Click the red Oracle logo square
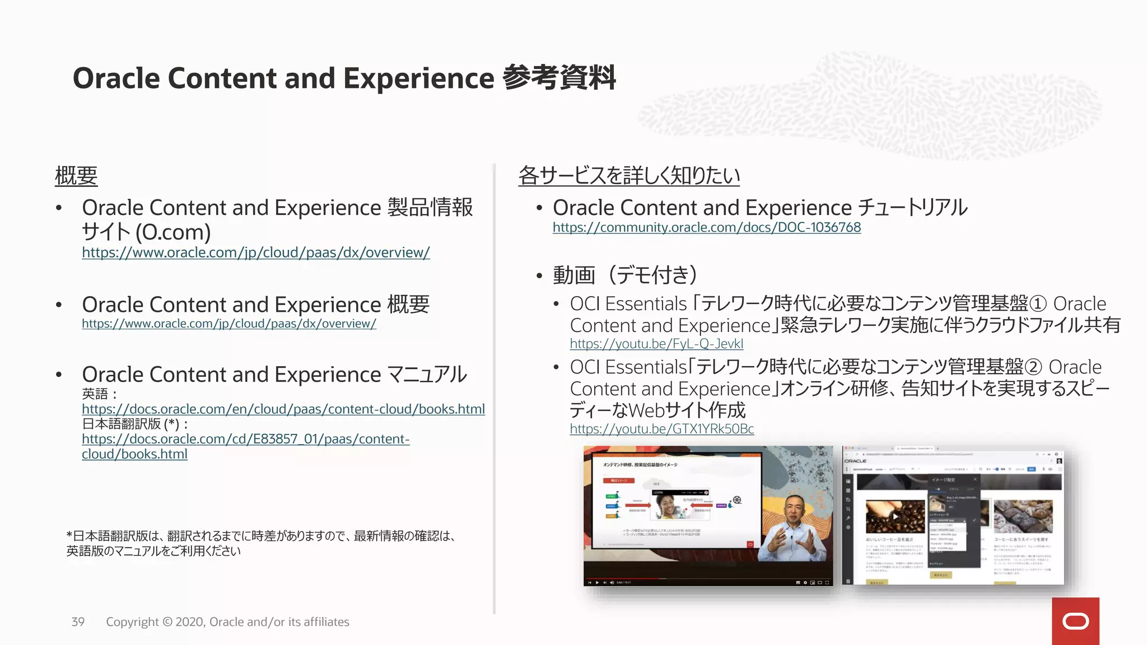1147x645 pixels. coord(1075,621)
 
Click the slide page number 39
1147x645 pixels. coord(78,622)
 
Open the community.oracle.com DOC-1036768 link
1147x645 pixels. coord(706,227)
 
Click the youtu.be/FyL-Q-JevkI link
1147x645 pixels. coord(656,344)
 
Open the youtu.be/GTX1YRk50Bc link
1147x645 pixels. coord(661,429)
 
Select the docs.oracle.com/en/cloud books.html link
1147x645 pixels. coord(283,409)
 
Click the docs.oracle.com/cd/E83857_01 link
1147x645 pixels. coord(245,440)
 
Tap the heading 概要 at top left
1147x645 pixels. coord(76,176)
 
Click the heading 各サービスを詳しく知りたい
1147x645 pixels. coord(628,176)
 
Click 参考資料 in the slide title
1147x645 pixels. coord(559,78)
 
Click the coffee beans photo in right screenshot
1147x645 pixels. coord(894,516)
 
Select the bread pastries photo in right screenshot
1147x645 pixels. coord(1023,516)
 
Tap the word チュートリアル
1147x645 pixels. coord(912,208)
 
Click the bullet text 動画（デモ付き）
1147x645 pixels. coord(625,275)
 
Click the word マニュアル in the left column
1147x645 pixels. coord(427,375)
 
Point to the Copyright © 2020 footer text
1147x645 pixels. coord(227,622)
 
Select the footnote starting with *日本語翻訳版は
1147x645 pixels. coord(260,543)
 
